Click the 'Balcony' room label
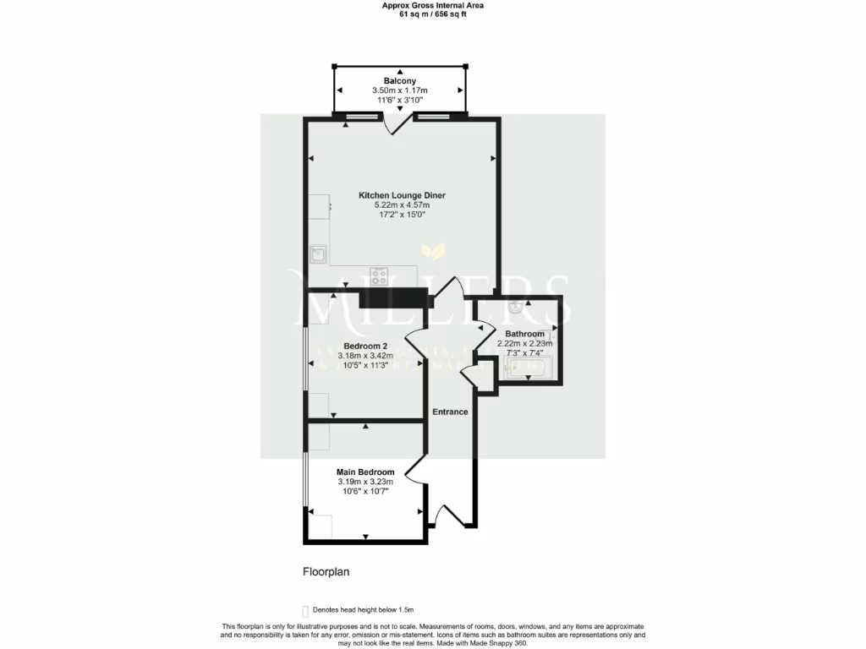(x=399, y=81)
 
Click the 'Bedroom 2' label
(x=365, y=346)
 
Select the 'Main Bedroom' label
(x=365, y=472)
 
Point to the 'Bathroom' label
(x=524, y=334)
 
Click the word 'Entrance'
(x=450, y=412)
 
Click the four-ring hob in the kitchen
(x=380, y=275)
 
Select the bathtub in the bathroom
(x=527, y=368)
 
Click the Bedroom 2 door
(x=417, y=342)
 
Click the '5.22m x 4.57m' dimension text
(x=402, y=205)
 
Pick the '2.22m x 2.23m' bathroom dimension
(x=524, y=344)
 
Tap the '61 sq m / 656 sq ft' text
(x=433, y=14)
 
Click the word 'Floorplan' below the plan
(x=326, y=572)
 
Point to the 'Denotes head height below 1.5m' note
(x=363, y=609)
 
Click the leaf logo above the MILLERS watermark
(x=435, y=252)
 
